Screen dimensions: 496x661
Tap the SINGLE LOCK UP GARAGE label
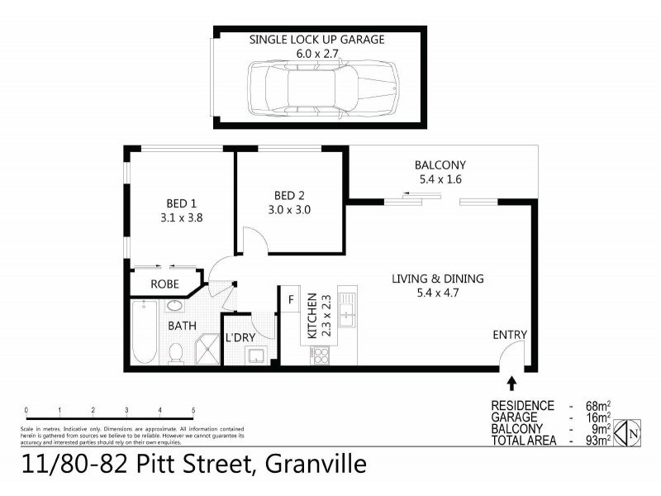click(x=318, y=39)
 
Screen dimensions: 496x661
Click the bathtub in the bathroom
click(x=144, y=332)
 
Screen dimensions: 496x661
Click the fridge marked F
click(x=291, y=299)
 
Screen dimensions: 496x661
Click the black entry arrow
click(x=512, y=383)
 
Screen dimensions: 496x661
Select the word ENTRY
click(x=510, y=335)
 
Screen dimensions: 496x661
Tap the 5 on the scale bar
click(x=193, y=410)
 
